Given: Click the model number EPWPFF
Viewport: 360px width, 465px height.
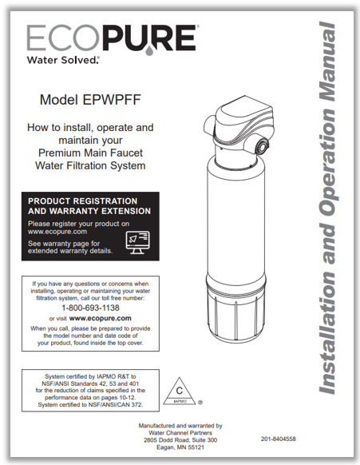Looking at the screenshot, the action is (x=112, y=100).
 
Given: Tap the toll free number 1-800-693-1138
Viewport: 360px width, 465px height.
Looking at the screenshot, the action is (x=90, y=308).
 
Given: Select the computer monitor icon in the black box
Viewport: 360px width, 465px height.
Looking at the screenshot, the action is (x=137, y=243).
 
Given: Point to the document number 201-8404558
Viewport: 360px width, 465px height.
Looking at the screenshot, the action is (x=279, y=439).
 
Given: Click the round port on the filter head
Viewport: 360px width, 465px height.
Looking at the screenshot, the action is (x=263, y=145).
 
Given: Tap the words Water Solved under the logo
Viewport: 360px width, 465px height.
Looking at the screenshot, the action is (x=61, y=60).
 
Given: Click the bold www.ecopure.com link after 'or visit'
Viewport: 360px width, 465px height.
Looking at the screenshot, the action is (x=100, y=319).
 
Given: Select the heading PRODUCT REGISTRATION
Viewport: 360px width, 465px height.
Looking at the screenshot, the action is (x=83, y=201).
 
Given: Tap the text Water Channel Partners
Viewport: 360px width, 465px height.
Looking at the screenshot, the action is (x=180, y=433).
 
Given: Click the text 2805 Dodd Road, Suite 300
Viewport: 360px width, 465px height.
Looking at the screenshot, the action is (x=180, y=440).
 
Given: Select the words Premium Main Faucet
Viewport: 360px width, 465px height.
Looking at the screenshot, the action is (x=90, y=153).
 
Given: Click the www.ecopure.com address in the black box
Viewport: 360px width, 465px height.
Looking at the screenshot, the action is (x=57, y=232).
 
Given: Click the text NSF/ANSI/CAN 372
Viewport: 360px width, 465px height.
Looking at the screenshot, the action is (x=116, y=404).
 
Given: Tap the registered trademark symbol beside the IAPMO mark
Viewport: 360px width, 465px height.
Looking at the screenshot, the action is (x=200, y=403).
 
